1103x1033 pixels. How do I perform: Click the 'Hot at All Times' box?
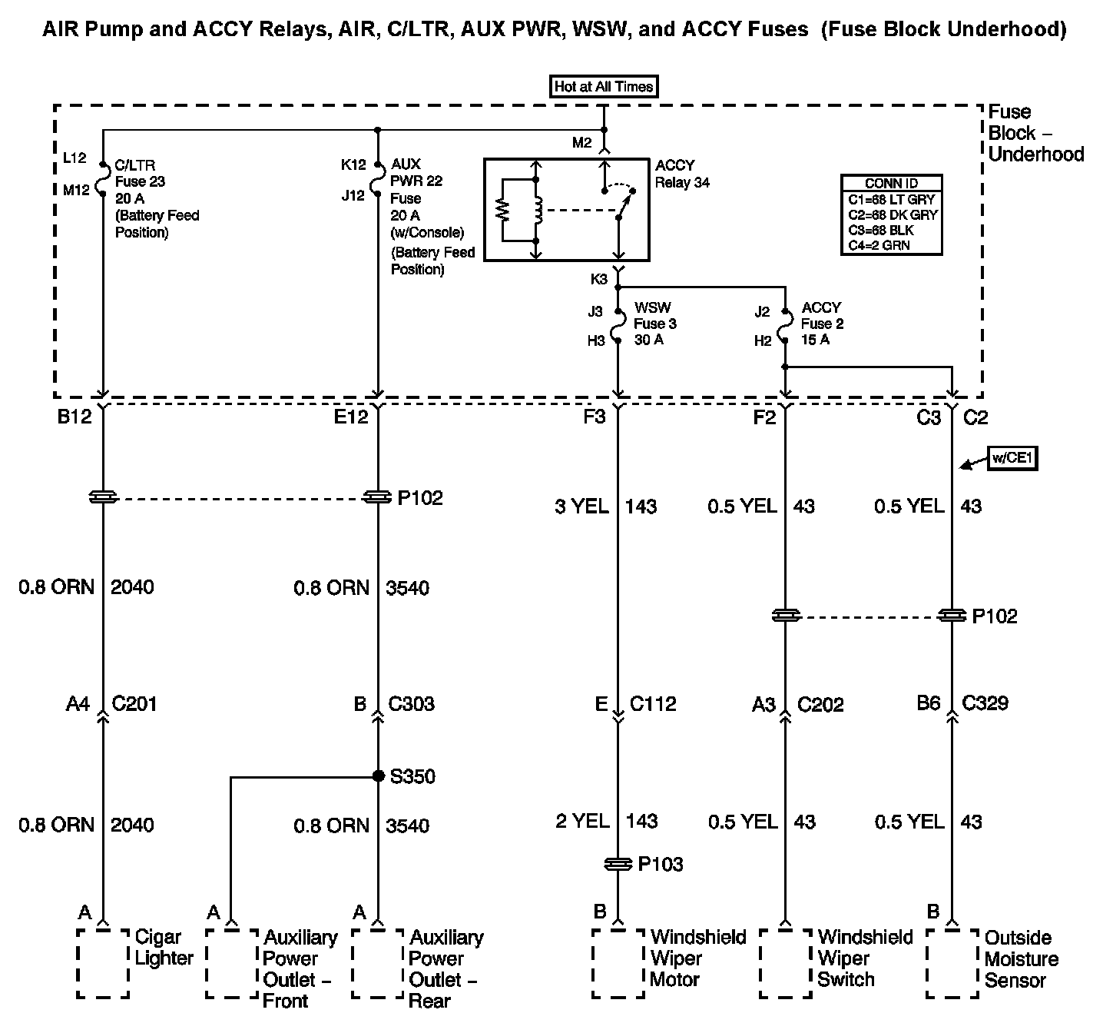pos(604,86)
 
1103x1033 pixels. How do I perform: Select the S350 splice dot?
pos(378,776)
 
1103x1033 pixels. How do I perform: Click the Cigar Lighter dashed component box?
pos(103,963)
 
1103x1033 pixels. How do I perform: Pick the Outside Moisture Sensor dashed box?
pos(952,963)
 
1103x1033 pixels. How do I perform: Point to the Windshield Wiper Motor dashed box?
pos(618,963)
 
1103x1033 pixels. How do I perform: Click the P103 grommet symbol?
pos(618,865)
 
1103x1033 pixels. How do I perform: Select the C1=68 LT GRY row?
pos(891,200)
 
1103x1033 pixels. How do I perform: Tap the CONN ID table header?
pos(891,184)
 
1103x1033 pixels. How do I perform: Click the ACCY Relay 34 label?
pos(681,174)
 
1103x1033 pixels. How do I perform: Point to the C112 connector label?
pos(653,704)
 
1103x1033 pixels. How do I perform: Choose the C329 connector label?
pos(985,703)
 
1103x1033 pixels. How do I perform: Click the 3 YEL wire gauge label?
pos(581,507)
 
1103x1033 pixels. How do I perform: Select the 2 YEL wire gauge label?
pos(582,821)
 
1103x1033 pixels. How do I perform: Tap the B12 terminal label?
pos(75,417)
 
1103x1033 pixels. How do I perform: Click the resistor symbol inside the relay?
pos(504,210)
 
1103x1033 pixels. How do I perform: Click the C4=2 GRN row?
pos(891,246)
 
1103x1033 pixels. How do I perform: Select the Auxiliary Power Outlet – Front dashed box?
pos(232,963)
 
